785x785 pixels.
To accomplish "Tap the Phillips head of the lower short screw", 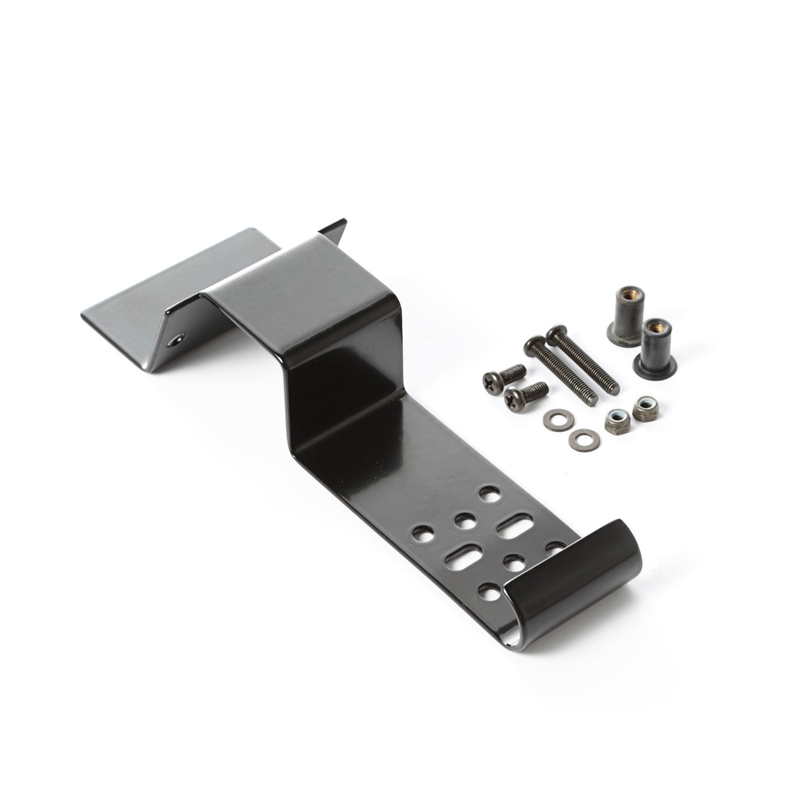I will [514, 395].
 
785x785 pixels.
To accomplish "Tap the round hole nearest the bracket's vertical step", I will [488, 495].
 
